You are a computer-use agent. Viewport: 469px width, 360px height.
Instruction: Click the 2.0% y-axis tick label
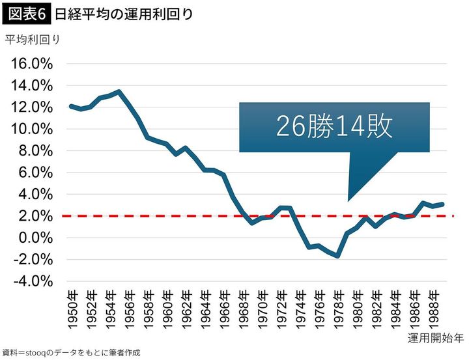(35, 215)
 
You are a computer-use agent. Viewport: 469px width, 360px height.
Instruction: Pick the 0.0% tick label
(35, 238)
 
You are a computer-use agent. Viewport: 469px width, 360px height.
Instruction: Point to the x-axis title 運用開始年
(435, 339)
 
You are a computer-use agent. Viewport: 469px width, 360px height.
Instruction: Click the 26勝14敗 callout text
(334, 127)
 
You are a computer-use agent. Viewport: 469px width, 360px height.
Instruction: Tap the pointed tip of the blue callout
(348, 201)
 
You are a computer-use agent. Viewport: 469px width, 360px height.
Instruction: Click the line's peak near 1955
(119, 92)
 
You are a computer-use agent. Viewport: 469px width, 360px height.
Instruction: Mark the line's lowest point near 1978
(338, 256)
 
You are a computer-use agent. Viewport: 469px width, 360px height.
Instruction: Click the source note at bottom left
(72, 352)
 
